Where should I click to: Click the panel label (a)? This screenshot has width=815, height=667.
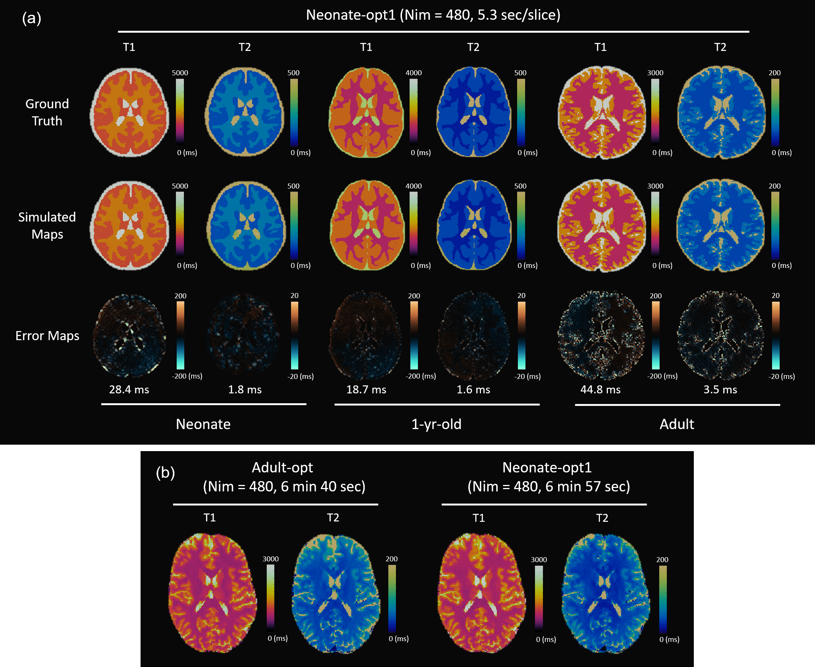32,18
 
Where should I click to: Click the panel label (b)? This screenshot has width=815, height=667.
165,472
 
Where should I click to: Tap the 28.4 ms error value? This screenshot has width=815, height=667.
129,390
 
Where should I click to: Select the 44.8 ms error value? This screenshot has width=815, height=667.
600,390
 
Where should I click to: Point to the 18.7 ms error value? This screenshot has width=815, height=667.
366,390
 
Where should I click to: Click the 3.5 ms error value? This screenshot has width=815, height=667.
720,390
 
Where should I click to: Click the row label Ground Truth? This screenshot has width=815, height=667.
47,112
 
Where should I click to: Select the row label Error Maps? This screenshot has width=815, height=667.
47,336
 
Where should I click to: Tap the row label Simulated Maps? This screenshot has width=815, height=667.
47,225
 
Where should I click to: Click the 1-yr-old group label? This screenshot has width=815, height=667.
436,424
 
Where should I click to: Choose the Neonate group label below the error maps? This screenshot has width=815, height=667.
203,424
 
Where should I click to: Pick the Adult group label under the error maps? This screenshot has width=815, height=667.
677,424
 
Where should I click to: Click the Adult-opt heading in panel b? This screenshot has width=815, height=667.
282,467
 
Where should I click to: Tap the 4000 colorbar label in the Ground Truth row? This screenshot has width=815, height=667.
414,73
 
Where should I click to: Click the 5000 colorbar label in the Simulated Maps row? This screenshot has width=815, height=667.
180,186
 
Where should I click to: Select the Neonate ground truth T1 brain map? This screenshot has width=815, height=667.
130,112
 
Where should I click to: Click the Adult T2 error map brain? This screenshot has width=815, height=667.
720,336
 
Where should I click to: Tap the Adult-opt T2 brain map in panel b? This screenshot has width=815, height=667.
336,593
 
